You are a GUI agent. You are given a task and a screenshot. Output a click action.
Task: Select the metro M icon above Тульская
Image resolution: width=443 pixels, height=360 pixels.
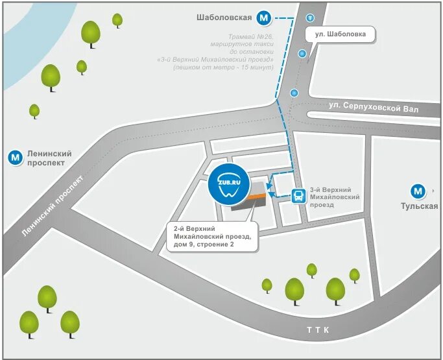[418, 191]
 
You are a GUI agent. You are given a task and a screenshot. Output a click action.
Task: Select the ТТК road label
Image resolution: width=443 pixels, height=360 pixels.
[318, 331]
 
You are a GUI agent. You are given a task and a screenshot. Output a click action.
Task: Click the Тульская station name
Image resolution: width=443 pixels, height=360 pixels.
[419, 207]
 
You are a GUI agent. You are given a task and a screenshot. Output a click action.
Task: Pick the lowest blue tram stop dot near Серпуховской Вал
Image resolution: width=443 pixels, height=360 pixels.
[294, 93]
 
